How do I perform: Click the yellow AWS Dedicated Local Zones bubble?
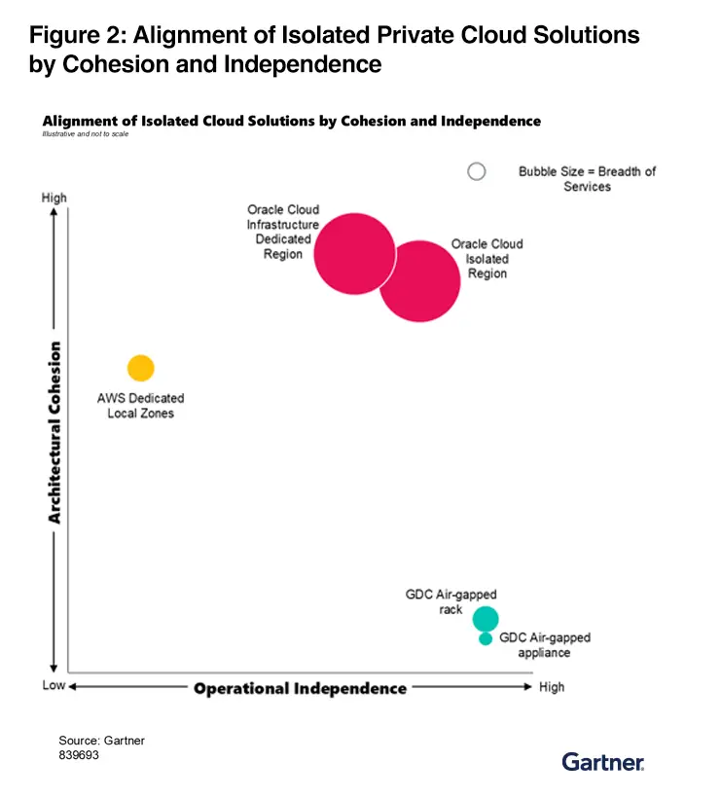(141, 368)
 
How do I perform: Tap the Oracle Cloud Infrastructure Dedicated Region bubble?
(356, 253)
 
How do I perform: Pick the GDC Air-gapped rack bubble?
(486, 618)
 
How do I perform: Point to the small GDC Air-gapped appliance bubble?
(486, 638)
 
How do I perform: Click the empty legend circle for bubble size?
(476, 171)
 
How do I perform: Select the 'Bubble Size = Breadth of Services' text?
(587, 178)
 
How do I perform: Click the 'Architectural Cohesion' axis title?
(55, 432)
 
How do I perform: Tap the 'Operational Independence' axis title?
(300, 688)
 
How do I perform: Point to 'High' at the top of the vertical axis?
(54, 198)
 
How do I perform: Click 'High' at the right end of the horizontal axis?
(551, 687)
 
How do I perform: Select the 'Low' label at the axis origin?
(54, 686)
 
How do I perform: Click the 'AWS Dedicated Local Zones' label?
(140, 406)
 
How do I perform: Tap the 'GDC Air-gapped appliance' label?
(545, 645)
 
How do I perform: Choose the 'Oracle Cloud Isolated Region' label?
(487, 259)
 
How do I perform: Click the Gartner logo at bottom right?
(603, 761)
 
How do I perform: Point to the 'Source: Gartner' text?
(101, 741)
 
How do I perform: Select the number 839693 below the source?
(79, 754)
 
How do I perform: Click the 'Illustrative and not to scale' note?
(86, 133)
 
